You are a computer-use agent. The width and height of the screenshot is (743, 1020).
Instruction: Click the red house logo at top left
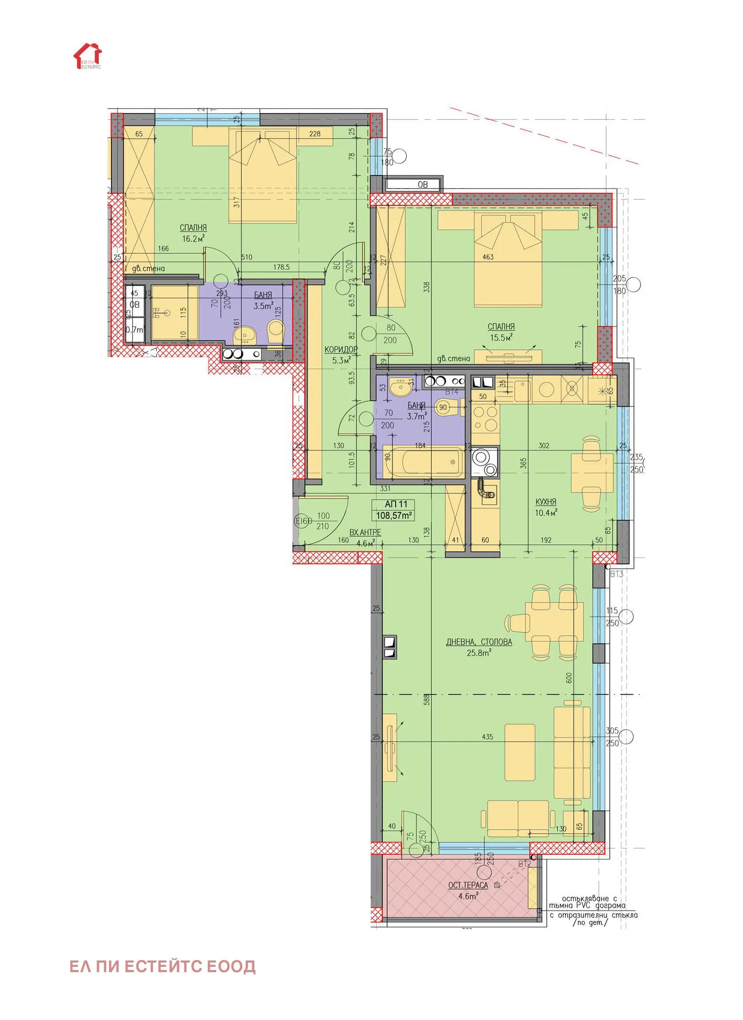[x=87, y=56]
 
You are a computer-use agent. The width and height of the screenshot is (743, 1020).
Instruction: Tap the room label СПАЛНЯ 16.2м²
[x=193, y=233]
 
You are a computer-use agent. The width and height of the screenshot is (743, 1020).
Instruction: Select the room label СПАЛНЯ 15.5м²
[x=501, y=332]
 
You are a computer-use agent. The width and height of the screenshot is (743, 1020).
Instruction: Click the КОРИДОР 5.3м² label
[x=340, y=355]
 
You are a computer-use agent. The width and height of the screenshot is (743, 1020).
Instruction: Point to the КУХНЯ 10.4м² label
[x=546, y=507]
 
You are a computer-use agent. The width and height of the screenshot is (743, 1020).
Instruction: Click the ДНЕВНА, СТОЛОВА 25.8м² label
[x=479, y=647]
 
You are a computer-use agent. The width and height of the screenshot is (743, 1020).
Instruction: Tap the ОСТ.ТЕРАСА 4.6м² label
[x=468, y=890]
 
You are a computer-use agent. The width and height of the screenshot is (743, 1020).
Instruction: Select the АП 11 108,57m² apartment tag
[x=394, y=510]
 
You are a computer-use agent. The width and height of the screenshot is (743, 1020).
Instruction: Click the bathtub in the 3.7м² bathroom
[x=424, y=461]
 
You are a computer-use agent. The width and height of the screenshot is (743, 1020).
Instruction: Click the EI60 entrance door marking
[x=303, y=521]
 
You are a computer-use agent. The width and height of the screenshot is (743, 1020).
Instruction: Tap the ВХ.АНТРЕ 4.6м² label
[x=365, y=537]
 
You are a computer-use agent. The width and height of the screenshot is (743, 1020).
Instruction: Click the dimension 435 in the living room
[x=487, y=737]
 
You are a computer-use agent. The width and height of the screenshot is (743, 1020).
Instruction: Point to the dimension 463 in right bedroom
[x=488, y=257]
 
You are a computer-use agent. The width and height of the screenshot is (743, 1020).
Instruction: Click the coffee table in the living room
[x=519, y=752]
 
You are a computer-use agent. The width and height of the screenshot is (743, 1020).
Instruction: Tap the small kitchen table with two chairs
[x=592, y=473]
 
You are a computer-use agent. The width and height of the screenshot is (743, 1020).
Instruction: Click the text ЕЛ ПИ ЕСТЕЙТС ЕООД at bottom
[x=163, y=966]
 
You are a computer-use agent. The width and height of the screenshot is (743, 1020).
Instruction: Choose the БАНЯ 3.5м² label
[x=263, y=300]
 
